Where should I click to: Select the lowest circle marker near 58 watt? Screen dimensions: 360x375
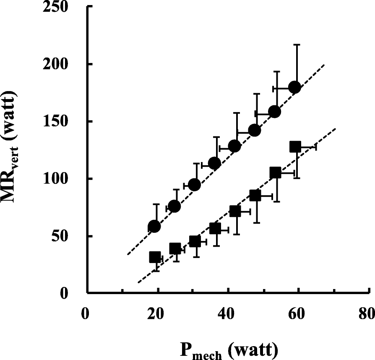point(154,227)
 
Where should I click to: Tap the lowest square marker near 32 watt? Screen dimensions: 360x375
point(155,257)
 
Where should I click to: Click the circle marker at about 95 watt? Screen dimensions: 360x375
point(194,185)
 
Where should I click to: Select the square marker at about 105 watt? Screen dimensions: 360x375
point(275,173)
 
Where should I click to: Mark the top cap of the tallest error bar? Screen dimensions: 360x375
point(297,44)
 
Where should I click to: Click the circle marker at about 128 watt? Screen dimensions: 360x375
point(234,146)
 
